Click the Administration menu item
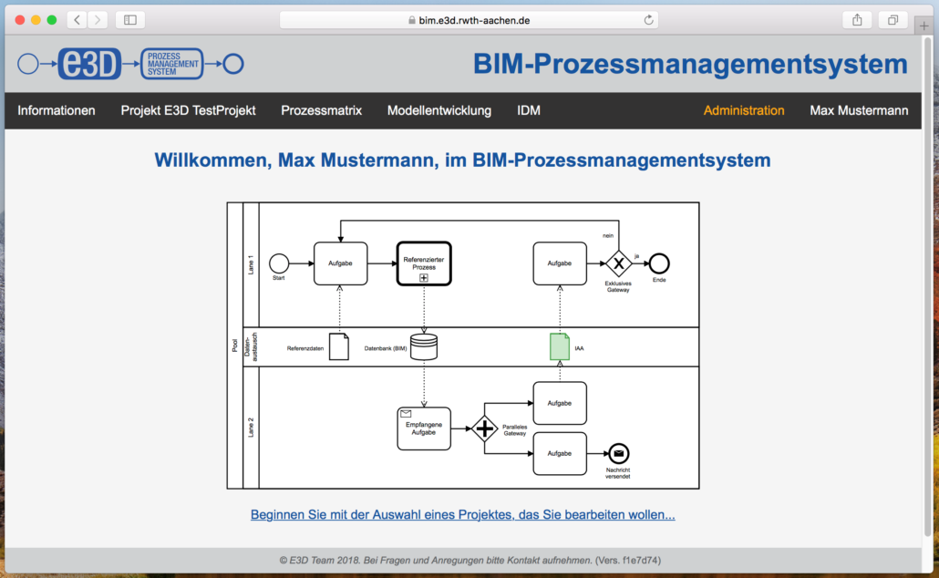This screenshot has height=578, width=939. coord(743,110)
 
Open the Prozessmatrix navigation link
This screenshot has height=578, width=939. coord(321,110)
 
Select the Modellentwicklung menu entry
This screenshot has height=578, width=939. coord(439,110)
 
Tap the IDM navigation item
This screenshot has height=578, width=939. coord(529,110)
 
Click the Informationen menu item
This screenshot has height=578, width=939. coord(57,110)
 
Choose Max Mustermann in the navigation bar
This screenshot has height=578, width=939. coord(859,110)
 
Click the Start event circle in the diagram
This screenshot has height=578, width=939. coord(279,263)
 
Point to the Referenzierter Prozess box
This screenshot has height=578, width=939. coord(424,263)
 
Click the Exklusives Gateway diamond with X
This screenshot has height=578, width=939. coord(618,263)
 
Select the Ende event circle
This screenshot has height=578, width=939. coord(659,263)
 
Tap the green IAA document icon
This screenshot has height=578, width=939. coord(560,346)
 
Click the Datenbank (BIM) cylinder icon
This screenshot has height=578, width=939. coord(424,346)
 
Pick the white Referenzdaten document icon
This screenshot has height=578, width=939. coord(338,346)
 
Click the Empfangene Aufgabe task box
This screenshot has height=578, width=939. coord(424,428)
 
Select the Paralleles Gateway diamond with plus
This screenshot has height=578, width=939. coord(485,428)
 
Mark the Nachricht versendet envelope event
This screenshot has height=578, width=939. coord(619,453)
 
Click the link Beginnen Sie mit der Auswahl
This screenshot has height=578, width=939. coord(462,515)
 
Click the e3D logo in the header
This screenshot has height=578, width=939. coord(89,64)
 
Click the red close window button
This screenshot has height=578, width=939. coord(20,19)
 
